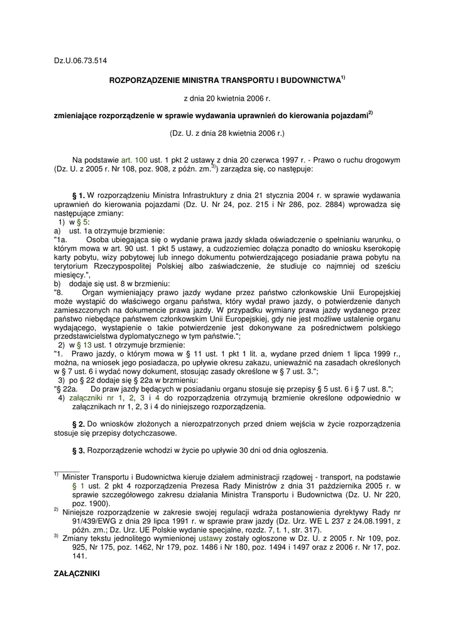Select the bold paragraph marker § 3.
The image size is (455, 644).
pyautogui.click(x=80, y=451)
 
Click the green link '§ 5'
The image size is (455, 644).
pyautogui.click(x=83, y=222)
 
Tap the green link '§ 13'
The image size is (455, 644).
pyautogui.click(x=85, y=345)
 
